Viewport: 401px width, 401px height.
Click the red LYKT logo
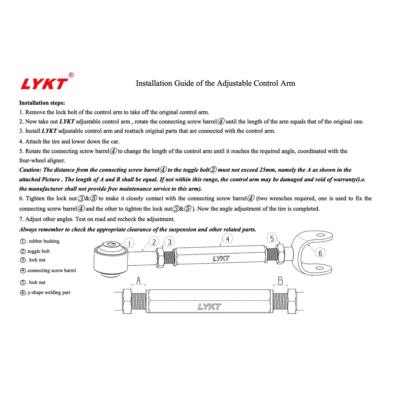click(x=44, y=84)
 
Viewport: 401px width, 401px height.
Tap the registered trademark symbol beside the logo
click(x=71, y=75)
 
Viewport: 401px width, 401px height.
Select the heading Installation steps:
click(x=42, y=102)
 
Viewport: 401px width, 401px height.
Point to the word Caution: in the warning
click(x=30, y=170)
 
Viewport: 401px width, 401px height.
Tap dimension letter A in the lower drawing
click(x=138, y=280)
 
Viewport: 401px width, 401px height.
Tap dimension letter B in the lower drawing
click(x=280, y=280)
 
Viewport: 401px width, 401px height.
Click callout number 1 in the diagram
click(x=130, y=243)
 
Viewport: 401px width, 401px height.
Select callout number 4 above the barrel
click(x=227, y=239)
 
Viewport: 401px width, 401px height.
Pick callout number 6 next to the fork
click(x=320, y=253)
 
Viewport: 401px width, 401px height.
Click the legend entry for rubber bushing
click(x=40, y=241)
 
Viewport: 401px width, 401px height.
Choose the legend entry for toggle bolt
click(x=35, y=251)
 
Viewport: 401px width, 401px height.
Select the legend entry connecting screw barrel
click(x=48, y=271)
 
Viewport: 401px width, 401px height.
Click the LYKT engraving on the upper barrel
click(x=221, y=259)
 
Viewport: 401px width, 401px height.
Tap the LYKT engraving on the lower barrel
click(x=209, y=307)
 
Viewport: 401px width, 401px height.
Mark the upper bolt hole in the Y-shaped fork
click(x=320, y=240)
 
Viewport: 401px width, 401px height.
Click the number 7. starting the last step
click(x=22, y=219)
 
